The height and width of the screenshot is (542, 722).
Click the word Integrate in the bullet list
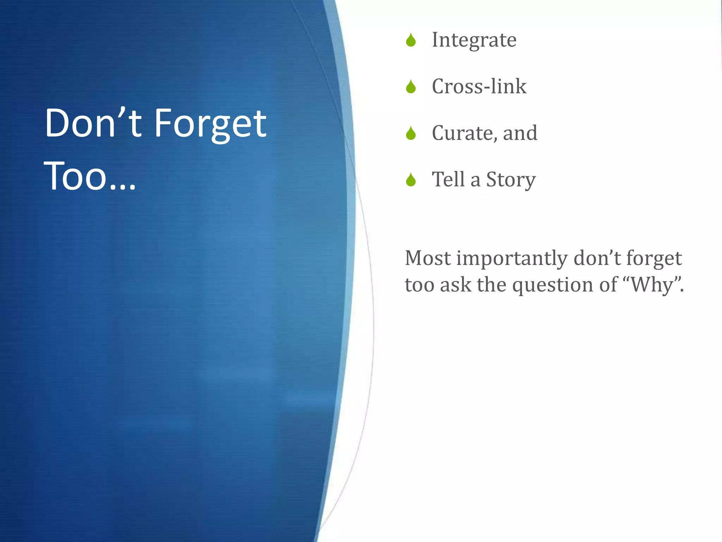pos(474,40)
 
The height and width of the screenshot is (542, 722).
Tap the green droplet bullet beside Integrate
pos(411,40)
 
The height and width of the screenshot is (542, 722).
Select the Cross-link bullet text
pos(479,86)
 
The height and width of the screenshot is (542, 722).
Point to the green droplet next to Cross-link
pos(411,87)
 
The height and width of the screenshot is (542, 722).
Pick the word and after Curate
pos(520,133)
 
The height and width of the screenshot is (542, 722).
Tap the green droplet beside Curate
pos(411,134)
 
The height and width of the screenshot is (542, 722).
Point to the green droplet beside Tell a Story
pos(411,180)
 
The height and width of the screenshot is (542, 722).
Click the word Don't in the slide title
pos(93,124)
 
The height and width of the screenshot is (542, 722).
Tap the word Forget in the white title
pos(210,124)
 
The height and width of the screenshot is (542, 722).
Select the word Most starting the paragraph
pos(427,258)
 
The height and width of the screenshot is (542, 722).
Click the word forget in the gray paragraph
pos(654,259)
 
